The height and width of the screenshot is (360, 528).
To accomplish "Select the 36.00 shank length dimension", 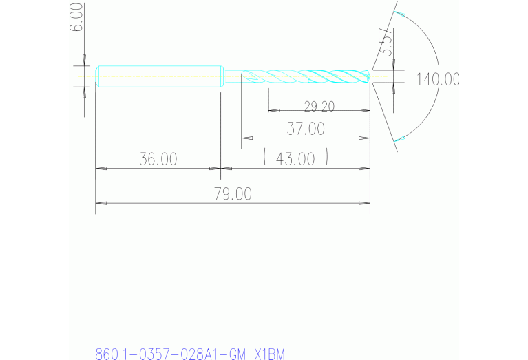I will (158, 159).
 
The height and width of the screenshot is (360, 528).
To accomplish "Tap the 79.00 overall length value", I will (233, 194).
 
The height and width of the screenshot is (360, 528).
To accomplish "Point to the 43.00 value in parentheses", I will (295, 159).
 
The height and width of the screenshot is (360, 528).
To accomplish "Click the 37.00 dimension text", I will (306, 129).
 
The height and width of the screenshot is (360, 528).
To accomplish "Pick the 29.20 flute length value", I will (319, 106).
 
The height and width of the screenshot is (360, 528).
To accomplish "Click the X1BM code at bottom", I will (269, 354).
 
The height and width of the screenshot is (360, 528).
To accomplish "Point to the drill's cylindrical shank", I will (158, 76).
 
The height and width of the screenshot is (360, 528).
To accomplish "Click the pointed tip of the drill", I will (370, 76).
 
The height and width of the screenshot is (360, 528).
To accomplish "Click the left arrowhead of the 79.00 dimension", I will (101, 203).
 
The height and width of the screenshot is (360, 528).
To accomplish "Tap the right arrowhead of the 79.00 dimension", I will (365, 203).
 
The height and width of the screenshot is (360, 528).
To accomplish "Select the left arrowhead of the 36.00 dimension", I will (101, 168).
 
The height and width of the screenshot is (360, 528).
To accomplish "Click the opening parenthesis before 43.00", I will (266, 159).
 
